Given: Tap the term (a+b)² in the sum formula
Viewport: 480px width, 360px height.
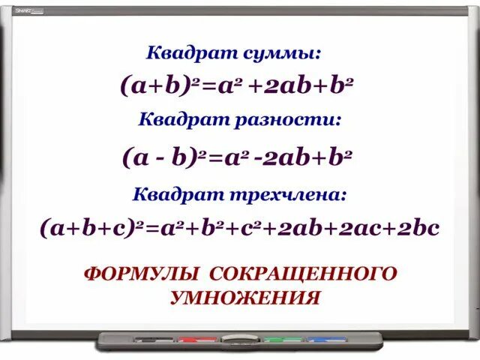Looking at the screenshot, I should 157,86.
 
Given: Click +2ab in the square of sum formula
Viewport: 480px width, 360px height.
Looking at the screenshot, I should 279,87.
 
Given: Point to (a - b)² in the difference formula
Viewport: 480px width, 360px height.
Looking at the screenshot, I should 164,158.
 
